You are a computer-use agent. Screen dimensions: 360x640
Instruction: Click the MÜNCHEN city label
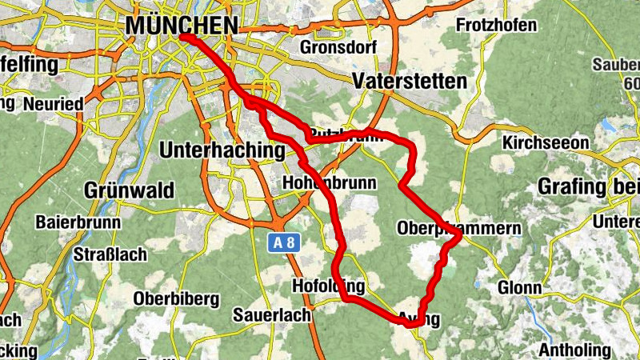click(x=182, y=26)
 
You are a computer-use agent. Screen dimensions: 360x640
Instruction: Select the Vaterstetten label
click(x=409, y=81)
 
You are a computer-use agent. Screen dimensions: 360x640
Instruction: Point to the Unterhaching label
click(x=222, y=150)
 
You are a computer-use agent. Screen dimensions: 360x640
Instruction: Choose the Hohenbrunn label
click(x=329, y=183)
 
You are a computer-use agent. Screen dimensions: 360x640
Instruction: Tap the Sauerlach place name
click(x=271, y=315)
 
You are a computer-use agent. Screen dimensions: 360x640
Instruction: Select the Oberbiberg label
click(x=176, y=298)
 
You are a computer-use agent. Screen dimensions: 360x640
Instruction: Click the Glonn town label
click(x=519, y=288)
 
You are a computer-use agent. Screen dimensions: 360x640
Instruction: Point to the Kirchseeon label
click(x=546, y=142)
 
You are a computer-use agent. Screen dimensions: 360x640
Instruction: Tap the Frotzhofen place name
click(x=496, y=26)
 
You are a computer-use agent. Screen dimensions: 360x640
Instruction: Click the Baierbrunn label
click(x=78, y=222)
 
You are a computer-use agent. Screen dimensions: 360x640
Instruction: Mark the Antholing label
click(x=574, y=350)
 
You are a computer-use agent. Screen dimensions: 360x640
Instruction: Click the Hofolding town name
click(x=329, y=286)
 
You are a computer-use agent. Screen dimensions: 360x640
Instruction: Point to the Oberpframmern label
click(x=458, y=229)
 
